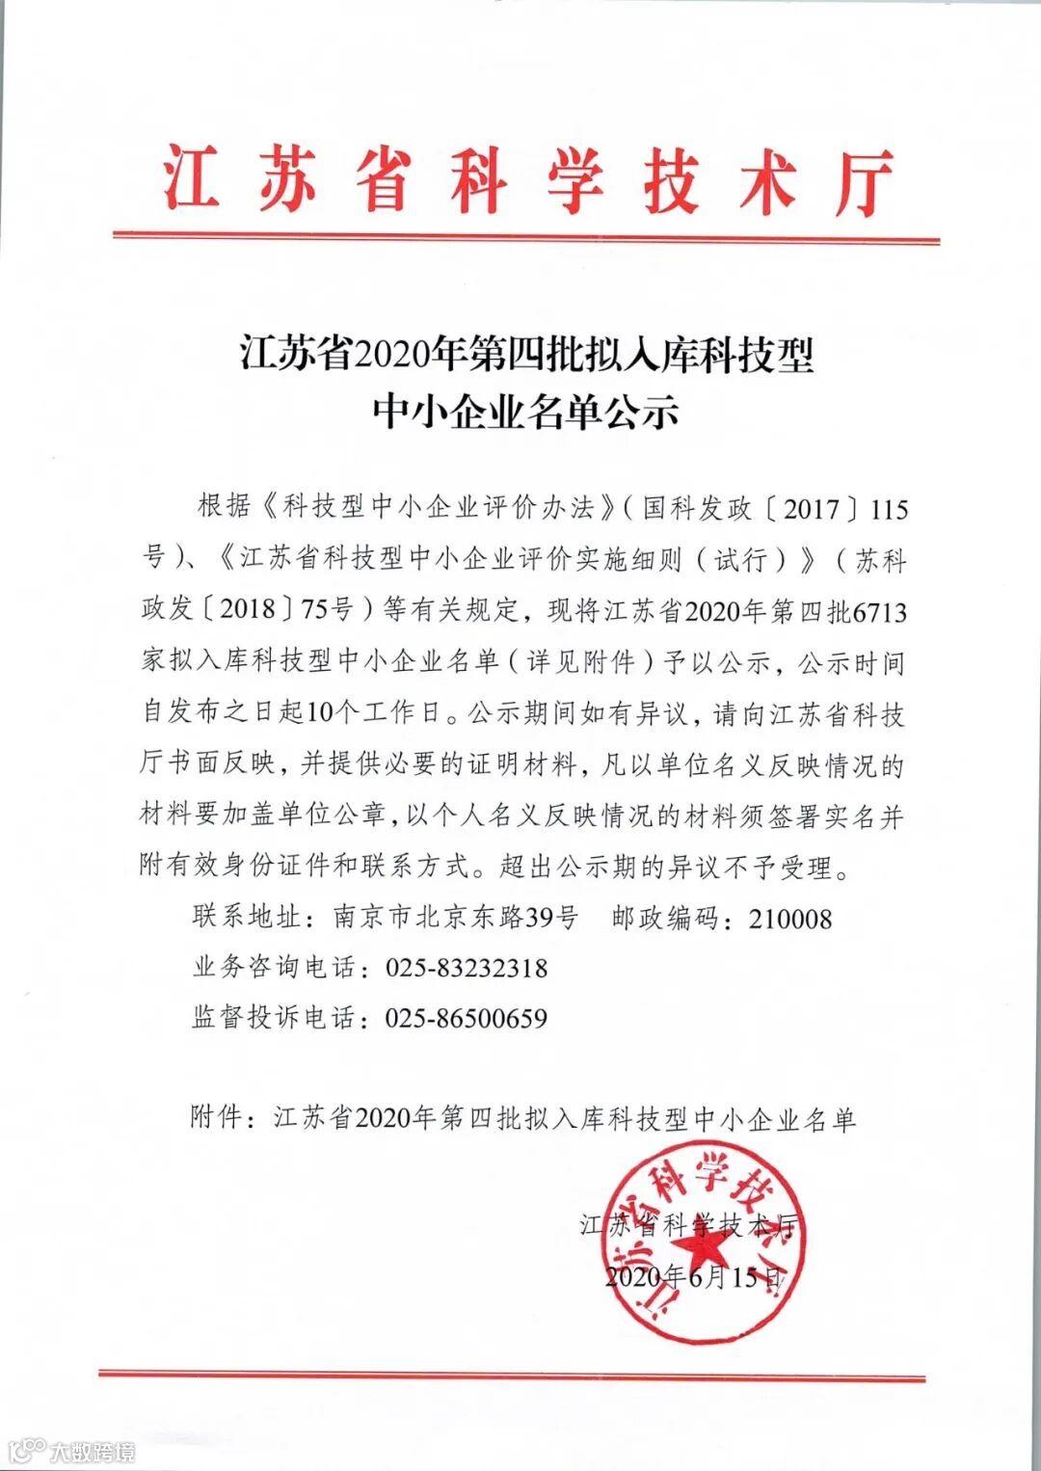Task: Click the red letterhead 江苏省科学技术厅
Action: click(526, 181)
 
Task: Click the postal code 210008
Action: click(790, 918)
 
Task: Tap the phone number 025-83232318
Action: click(467, 968)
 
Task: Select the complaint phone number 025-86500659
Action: click(467, 1018)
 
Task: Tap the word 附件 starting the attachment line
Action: click(217, 1118)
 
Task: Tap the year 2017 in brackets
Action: click(811, 508)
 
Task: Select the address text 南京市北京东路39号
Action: click(455, 918)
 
